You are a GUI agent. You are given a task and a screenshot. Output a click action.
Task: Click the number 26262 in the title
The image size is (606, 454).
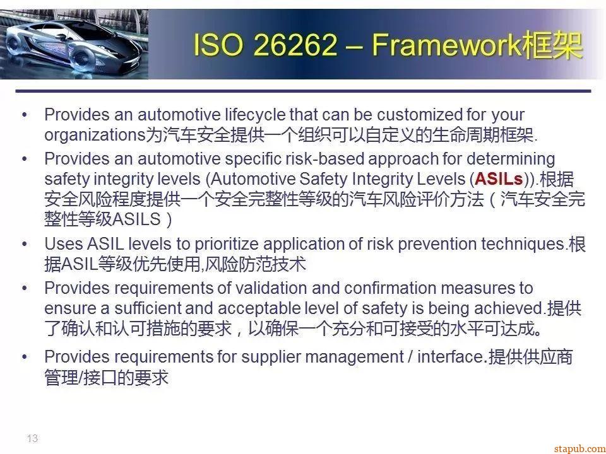[x=295, y=45]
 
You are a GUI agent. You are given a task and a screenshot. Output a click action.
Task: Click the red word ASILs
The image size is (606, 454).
[x=499, y=178]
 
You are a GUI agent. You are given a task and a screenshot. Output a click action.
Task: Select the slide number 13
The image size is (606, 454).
[x=32, y=438]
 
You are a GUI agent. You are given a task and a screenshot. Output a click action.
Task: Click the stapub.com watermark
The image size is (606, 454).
[x=579, y=448]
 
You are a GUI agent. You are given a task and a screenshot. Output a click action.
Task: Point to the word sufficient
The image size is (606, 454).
[x=148, y=308]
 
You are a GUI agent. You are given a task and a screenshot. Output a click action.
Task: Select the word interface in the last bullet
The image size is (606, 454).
[x=451, y=357]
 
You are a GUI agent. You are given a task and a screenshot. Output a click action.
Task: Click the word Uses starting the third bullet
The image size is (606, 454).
[x=63, y=244]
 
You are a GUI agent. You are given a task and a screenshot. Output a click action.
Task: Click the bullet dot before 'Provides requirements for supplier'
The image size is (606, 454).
[x=25, y=357]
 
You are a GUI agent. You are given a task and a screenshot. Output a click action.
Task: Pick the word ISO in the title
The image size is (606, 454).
[x=218, y=45]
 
